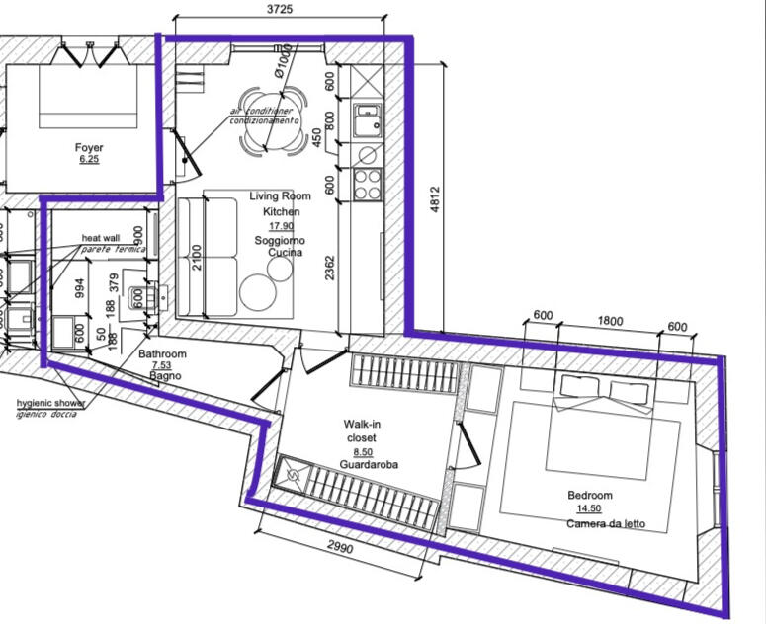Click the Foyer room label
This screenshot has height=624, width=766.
click(89, 148)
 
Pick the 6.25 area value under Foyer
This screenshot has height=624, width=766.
click(89, 159)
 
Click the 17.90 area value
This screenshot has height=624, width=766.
click(282, 226)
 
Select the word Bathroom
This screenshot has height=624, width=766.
click(162, 353)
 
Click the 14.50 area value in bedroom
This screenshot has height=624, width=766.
click(590, 509)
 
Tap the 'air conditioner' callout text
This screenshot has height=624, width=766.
click(262, 112)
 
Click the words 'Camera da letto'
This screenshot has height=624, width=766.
click(606, 524)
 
